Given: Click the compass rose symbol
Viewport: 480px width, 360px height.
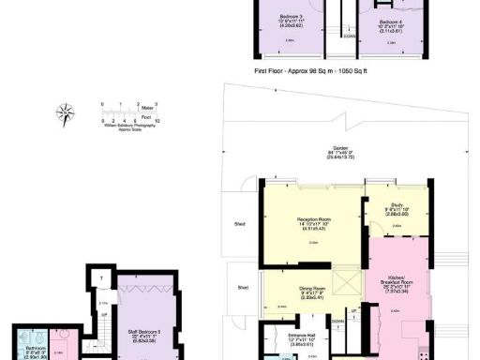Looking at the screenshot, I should pos(66,113).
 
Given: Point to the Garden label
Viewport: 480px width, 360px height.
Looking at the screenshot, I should pos(334,152).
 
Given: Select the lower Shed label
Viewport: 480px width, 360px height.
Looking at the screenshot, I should pos(244,288).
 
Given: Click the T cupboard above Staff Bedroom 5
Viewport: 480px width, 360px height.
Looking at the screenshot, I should pos(103,278).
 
